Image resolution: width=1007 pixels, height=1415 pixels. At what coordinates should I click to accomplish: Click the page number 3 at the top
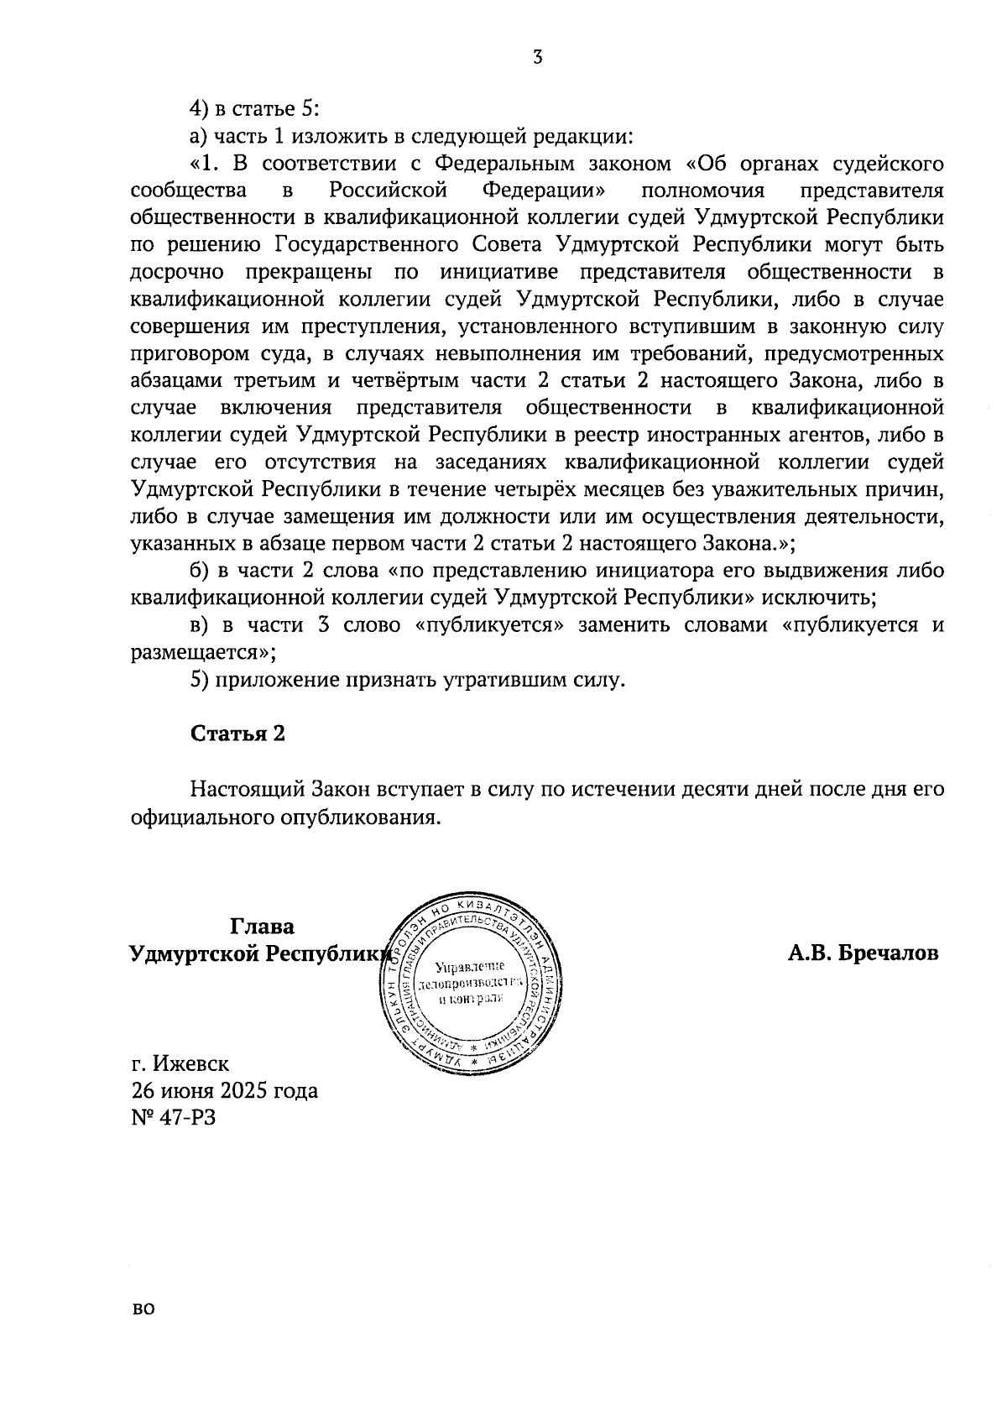[x=537, y=57]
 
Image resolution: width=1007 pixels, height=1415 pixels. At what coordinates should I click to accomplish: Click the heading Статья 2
[x=238, y=734]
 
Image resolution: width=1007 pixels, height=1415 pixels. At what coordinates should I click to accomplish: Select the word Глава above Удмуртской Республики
[x=262, y=927]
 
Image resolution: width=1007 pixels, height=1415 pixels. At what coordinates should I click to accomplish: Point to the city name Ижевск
[x=192, y=1064]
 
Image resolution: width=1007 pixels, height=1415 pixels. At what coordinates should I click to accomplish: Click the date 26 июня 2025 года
[x=225, y=1091]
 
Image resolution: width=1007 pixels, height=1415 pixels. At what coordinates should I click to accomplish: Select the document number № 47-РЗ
[x=174, y=1118]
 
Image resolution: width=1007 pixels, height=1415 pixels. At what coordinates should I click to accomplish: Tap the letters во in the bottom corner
[x=143, y=1332]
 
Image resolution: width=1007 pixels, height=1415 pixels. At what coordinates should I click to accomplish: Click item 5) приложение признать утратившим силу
[x=408, y=680]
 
